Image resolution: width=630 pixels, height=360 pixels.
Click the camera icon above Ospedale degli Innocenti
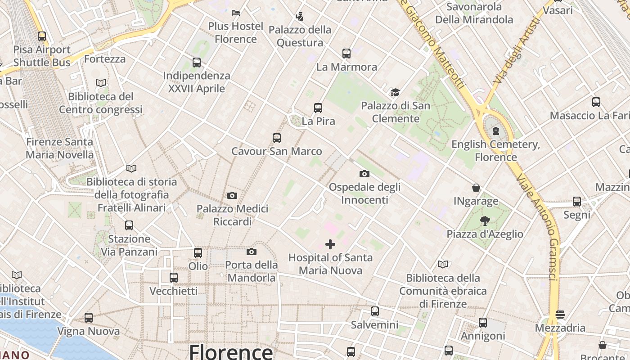pos(364,174)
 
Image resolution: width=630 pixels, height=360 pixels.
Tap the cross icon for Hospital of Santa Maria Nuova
pos(330,244)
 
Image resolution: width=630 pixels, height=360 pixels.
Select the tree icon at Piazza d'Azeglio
pos(485,221)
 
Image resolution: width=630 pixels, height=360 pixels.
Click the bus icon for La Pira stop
pos(318,108)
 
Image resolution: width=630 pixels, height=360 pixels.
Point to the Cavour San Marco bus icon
pos(277,138)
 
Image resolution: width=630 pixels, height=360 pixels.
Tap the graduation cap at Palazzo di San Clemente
pos(395,93)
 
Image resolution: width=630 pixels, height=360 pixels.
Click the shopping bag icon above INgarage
pos(476,188)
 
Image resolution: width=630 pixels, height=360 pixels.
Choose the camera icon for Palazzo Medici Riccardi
pos(232,195)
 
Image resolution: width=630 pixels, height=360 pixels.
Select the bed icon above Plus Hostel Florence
pos(236,13)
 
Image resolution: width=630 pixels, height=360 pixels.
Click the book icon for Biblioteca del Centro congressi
pos(101,83)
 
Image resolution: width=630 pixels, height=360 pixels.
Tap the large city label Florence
pos(231,351)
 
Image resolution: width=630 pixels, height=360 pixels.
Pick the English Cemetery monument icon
pos(496,131)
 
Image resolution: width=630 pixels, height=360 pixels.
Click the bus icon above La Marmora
pos(346,54)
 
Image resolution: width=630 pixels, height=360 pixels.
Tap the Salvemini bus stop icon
pos(375,311)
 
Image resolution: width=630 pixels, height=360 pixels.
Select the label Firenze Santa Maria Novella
pos(59,148)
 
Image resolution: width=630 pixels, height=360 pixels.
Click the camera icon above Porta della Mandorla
pos(252,252)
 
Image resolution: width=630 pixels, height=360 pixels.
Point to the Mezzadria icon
pos(560,314)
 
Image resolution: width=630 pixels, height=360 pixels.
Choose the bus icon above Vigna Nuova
pos(89,318)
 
